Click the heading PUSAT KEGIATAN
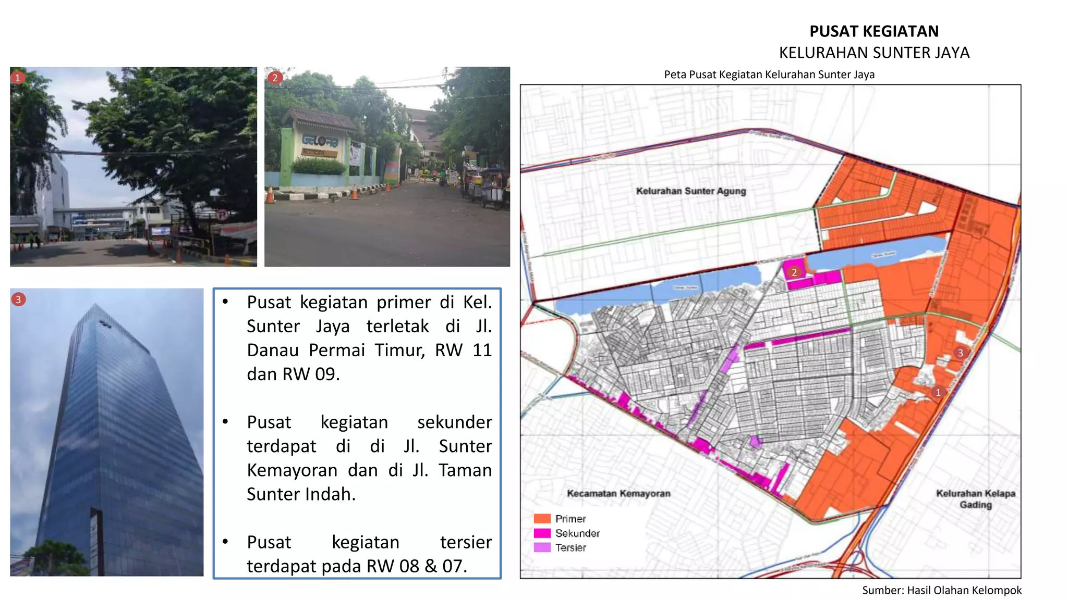[x=873, y=31]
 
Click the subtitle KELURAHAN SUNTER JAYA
[x=874, y=53]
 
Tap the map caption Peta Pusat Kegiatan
[x=769, y=74]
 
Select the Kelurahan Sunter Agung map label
[x=690, y=191]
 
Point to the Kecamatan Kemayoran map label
[x=618, y=493]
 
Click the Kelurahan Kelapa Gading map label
[x=975, y=499]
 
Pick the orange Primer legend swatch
[x=542, y=519]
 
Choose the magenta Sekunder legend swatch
[x=542, y=533]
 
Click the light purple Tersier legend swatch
[x=542, y=547]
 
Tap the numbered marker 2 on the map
[x=794, y=272]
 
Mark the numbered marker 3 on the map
[x=960, y=353]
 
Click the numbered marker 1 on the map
[x=938, y=392]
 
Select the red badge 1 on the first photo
[x=18, y=78]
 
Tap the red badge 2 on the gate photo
[x=275, y=78]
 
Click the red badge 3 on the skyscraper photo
[x=18, y=299]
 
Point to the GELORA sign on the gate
[x=320, y=141]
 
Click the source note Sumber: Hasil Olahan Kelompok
[x=941, y=590]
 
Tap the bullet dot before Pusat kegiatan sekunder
[x=225, y=421]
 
